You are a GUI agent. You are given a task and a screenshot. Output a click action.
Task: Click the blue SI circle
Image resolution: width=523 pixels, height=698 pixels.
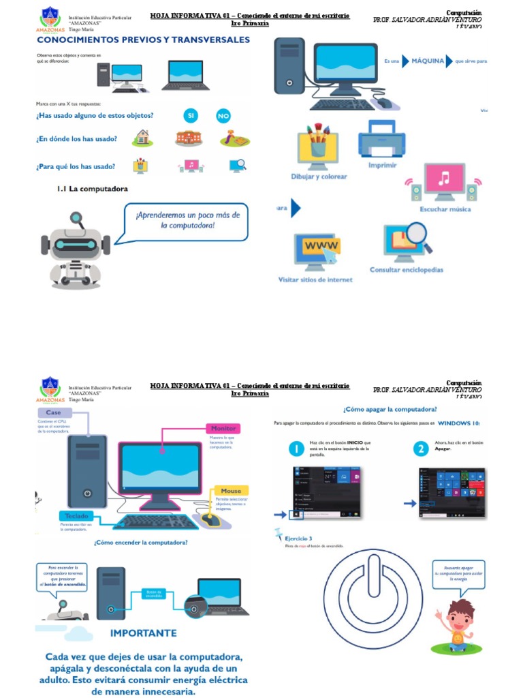point(191,117)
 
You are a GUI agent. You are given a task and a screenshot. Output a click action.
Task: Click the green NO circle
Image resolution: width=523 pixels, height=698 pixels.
point(223,117)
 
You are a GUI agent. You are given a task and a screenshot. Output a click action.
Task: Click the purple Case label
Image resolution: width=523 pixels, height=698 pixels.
point(54,412)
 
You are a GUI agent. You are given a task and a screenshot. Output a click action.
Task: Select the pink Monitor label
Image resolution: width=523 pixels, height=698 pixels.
point(223,429)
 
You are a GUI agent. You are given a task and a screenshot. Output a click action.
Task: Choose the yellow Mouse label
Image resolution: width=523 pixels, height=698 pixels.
point(231,491)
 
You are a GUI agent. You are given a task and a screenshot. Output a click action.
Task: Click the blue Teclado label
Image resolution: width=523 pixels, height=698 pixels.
point(77,516)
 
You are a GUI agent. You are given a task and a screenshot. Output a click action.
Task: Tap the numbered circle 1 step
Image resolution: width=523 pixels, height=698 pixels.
point(296,449)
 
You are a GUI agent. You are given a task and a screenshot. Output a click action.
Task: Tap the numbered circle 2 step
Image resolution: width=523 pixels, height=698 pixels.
point(422,449)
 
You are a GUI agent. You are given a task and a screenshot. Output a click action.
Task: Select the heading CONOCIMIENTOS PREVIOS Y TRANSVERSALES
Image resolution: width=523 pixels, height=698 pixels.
point(143,40)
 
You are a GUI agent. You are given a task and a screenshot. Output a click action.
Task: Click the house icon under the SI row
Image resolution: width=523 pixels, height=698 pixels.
point(142,138)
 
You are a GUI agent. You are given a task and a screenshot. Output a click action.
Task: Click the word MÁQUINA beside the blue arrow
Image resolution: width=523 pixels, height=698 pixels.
point(428,61)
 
